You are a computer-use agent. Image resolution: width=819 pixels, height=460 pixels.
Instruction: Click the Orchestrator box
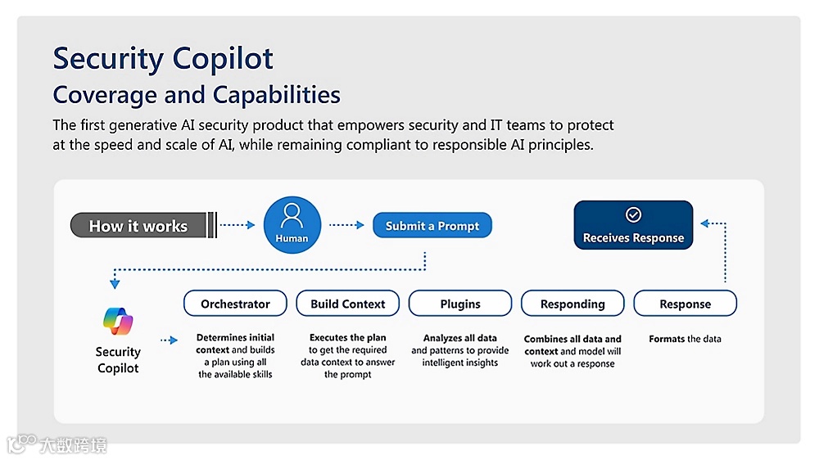tap(235, 304)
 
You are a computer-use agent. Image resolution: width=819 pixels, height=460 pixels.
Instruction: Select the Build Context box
tap(347, 304)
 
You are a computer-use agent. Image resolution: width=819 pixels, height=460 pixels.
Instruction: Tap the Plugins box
tap(460, 304)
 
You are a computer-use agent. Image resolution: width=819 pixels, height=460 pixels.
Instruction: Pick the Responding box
tap(572, 304)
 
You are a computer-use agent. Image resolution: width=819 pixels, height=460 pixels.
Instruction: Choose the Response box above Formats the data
tap(686, 304)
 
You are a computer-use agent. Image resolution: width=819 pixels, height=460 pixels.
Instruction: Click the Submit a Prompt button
tap(432, 226)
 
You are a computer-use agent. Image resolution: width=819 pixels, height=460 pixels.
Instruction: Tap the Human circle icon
tap(292, 225)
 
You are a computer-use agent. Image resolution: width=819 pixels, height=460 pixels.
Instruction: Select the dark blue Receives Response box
tap(633, 225)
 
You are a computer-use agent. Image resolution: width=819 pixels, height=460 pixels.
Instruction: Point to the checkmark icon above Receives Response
tap(633, 214)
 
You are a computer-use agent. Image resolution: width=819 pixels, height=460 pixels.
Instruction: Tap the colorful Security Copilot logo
tap(118, 322)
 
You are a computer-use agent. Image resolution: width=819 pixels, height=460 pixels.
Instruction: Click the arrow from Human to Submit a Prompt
tap(347, 225)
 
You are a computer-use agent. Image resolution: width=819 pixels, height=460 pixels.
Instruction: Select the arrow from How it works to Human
tap(238, 225)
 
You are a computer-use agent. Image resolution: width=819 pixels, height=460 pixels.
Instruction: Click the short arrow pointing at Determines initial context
tap(169, 339)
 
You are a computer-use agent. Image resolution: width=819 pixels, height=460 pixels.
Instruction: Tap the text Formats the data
tap(685, 339)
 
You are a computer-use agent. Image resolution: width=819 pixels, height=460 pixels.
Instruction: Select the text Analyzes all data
tap(459, 338)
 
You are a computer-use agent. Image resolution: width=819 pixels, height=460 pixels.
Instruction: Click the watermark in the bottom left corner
tap(57, 445)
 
